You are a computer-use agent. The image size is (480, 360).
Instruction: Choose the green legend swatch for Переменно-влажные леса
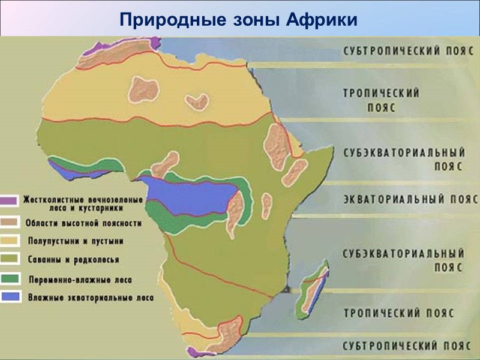[10, 280]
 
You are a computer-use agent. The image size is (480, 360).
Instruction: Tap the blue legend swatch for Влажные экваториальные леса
[10, 297]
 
